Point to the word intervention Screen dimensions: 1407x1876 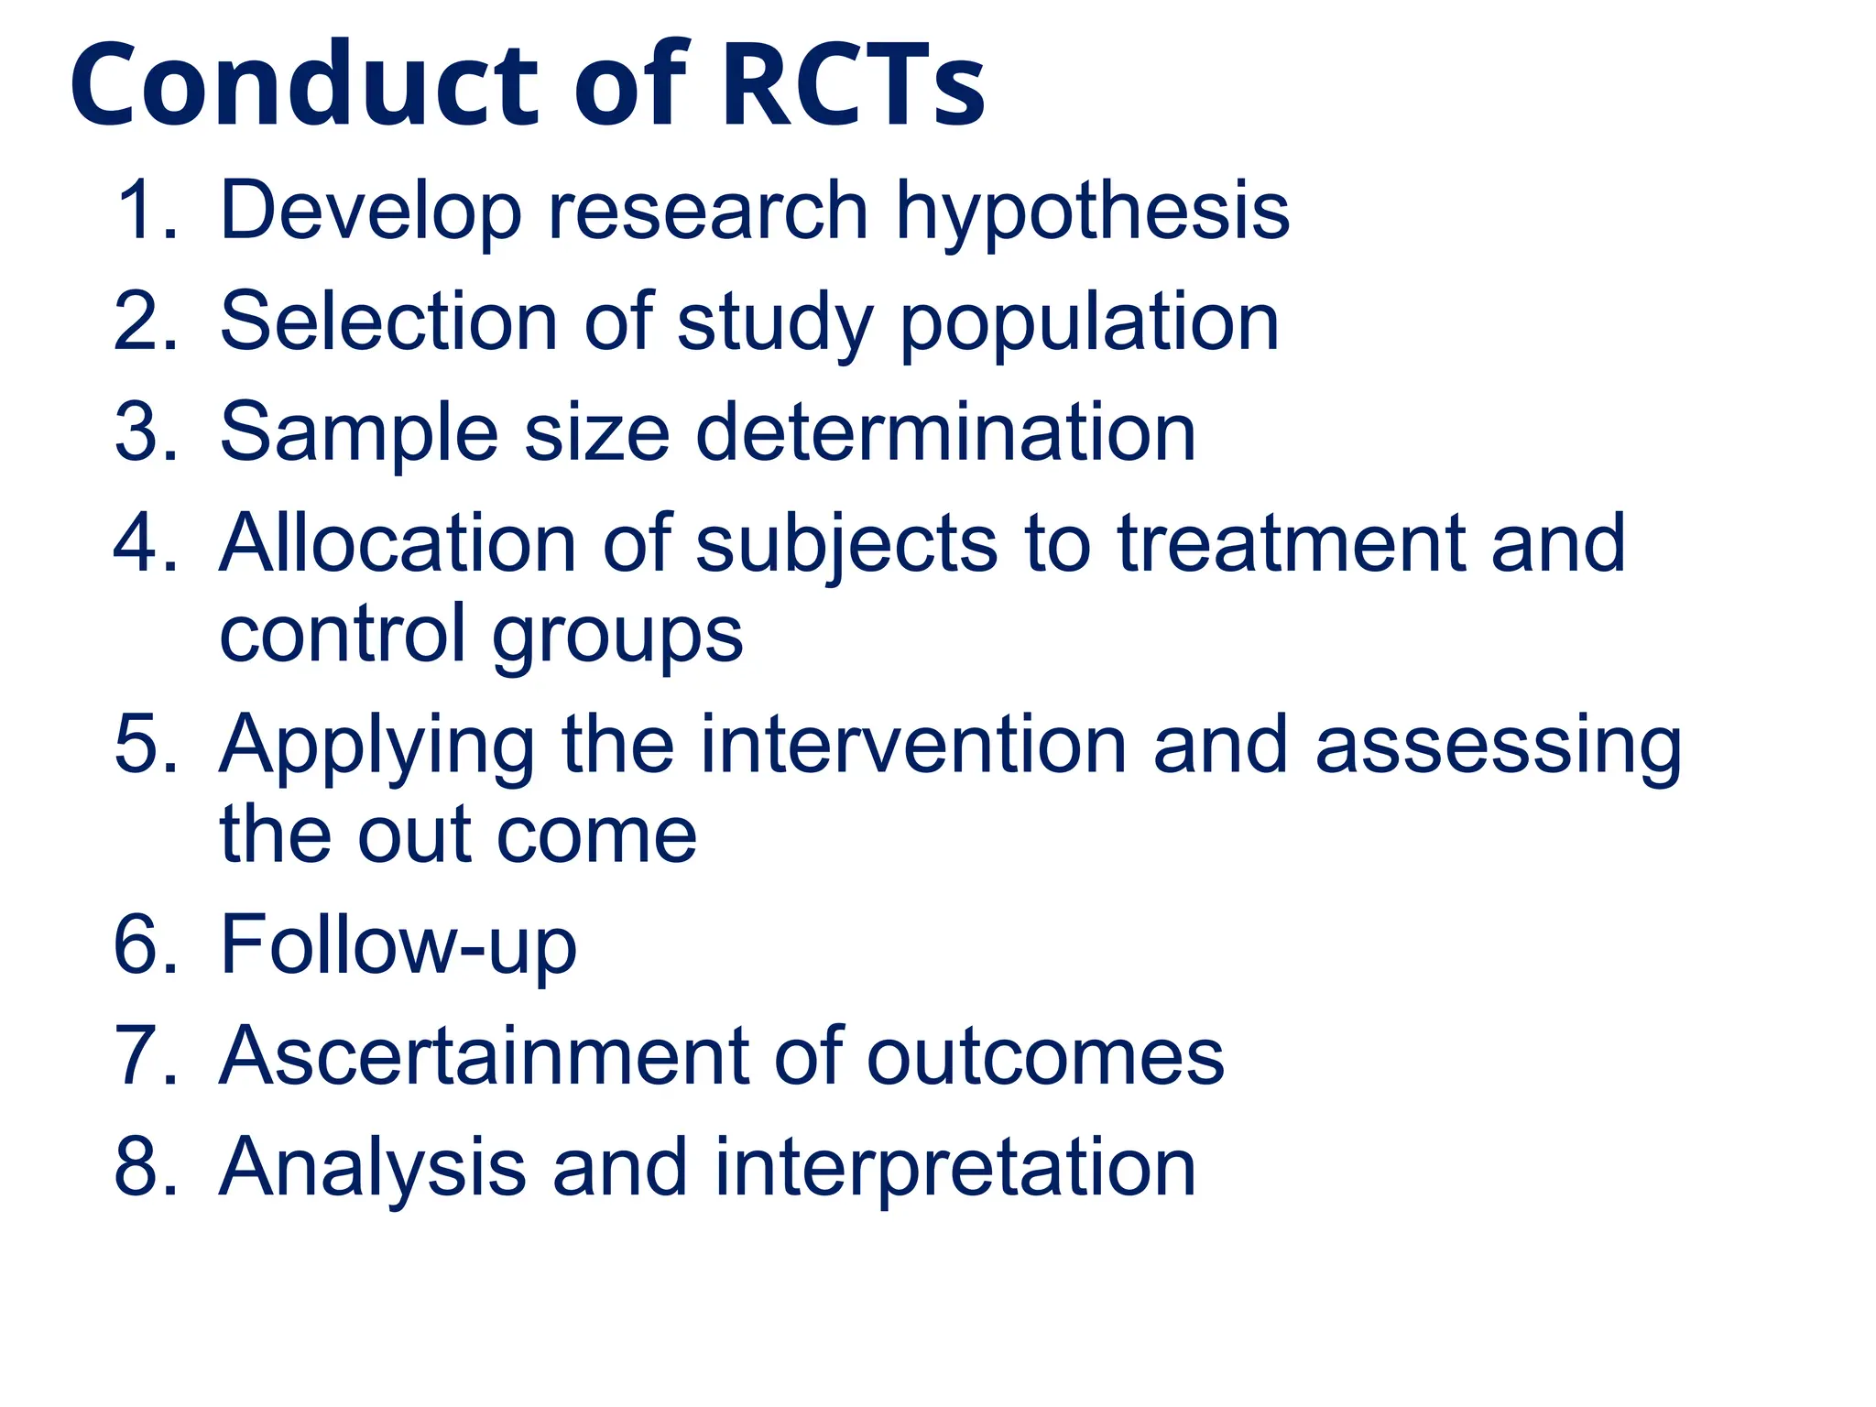coord(912,745)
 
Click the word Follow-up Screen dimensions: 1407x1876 coord(398,945)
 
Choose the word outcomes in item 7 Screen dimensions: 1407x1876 coord(1044,1057)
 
